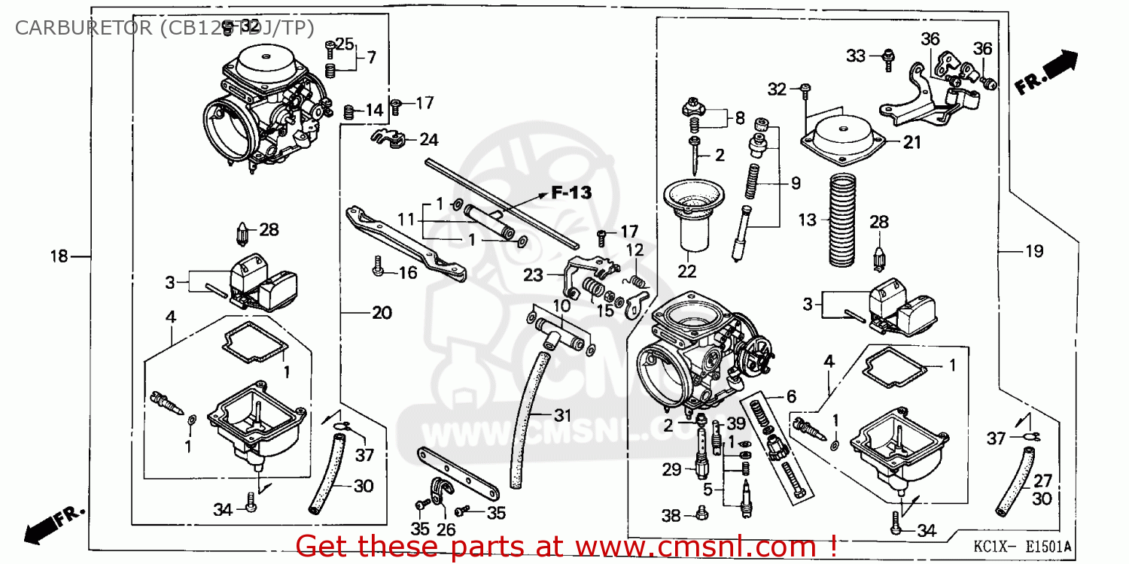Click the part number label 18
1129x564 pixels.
pyautogui.click(x=59, y=256)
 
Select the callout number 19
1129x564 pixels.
pyautogui.click(x=1035, y=251)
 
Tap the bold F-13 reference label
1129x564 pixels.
pyautogui.click(x=571, y=193)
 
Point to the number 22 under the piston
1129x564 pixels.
pyautogui.click(x=686, y=271)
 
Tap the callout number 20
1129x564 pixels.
pyautogui.click(x=382, y=311)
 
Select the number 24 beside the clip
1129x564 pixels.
pyautogui.click(x=429, y=140)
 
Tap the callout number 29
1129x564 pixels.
pyautogui.click(x=671, y=470)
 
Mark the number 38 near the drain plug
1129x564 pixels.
pyautogui.click(x=671, y=516)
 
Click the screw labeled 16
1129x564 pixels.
pyautogui.click(x=378, y=265)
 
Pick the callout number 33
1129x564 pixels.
pyautogui.click(x=856, y=56)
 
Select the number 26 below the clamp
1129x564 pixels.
pyautogui.click(x=446, y=529)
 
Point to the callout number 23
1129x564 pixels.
pyautogui.click(x=534, y=275)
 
